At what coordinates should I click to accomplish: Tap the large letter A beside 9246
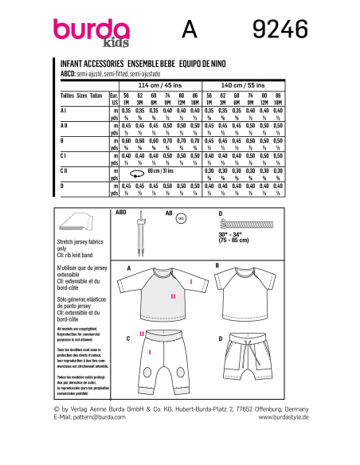189,31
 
